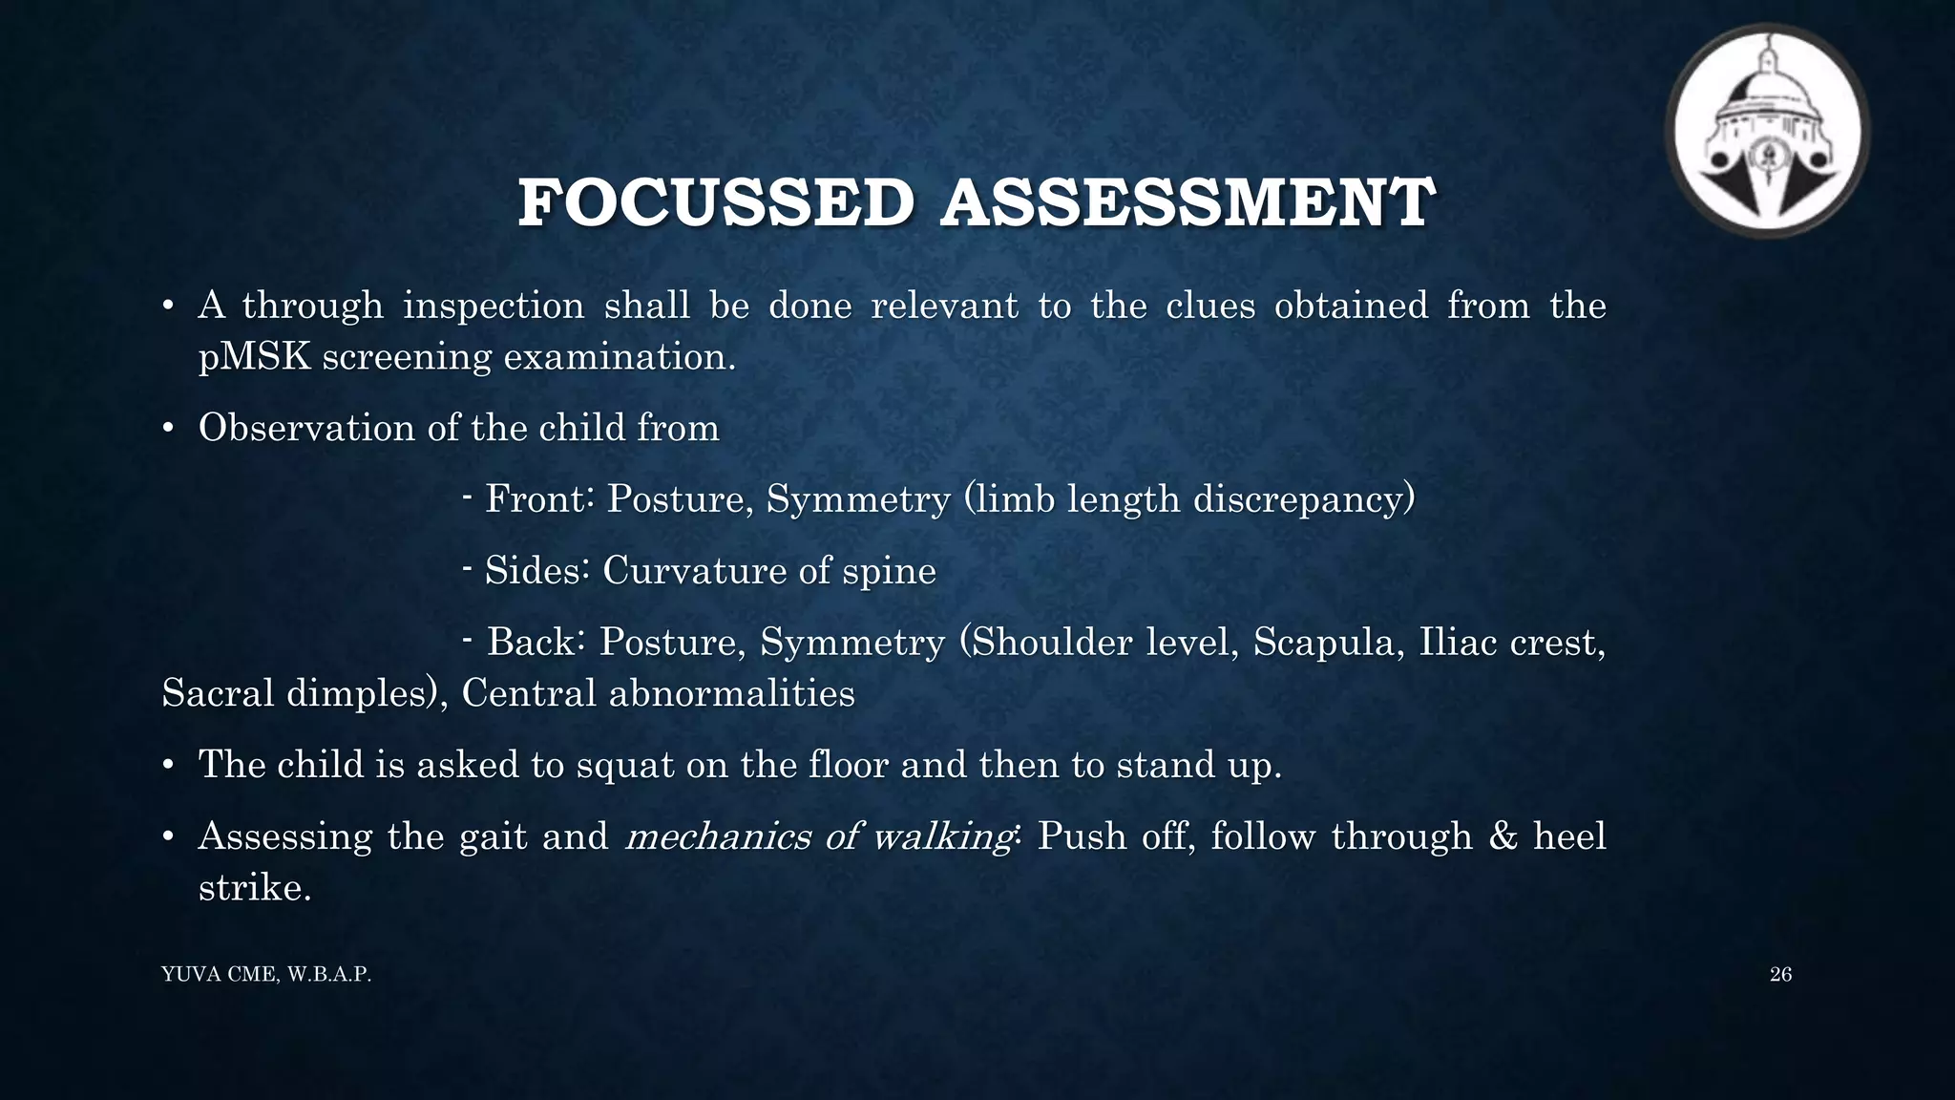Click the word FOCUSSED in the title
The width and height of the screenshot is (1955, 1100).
pyautogui.click(x=715, y=203)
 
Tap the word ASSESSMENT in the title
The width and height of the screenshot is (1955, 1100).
pyautogui.click(x=1187, y=203)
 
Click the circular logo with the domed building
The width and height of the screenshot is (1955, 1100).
pyautogui.click(x=1767, y=131)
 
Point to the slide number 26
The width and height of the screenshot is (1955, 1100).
pyautogui.click(x=1780, y=974)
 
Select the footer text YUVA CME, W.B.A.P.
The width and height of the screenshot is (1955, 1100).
pyautogui.click(x=266, y=975)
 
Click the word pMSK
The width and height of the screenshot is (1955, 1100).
pyautogui.click(x=254, y=357)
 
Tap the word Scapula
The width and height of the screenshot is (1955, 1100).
pyautogui.click(x=1329, y=642)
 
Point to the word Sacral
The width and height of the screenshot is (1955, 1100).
pyautogui.click(x=219, y=693)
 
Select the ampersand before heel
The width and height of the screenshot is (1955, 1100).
pyautogui.click(x=1503, y=836)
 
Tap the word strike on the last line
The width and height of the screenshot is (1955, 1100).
pyautogui.click(x=254, y=888)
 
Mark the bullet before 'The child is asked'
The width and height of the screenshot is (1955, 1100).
pyautogui.click(x=168, y=766)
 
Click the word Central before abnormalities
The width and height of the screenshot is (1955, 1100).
pyautogui.click(x=529, y=693)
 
